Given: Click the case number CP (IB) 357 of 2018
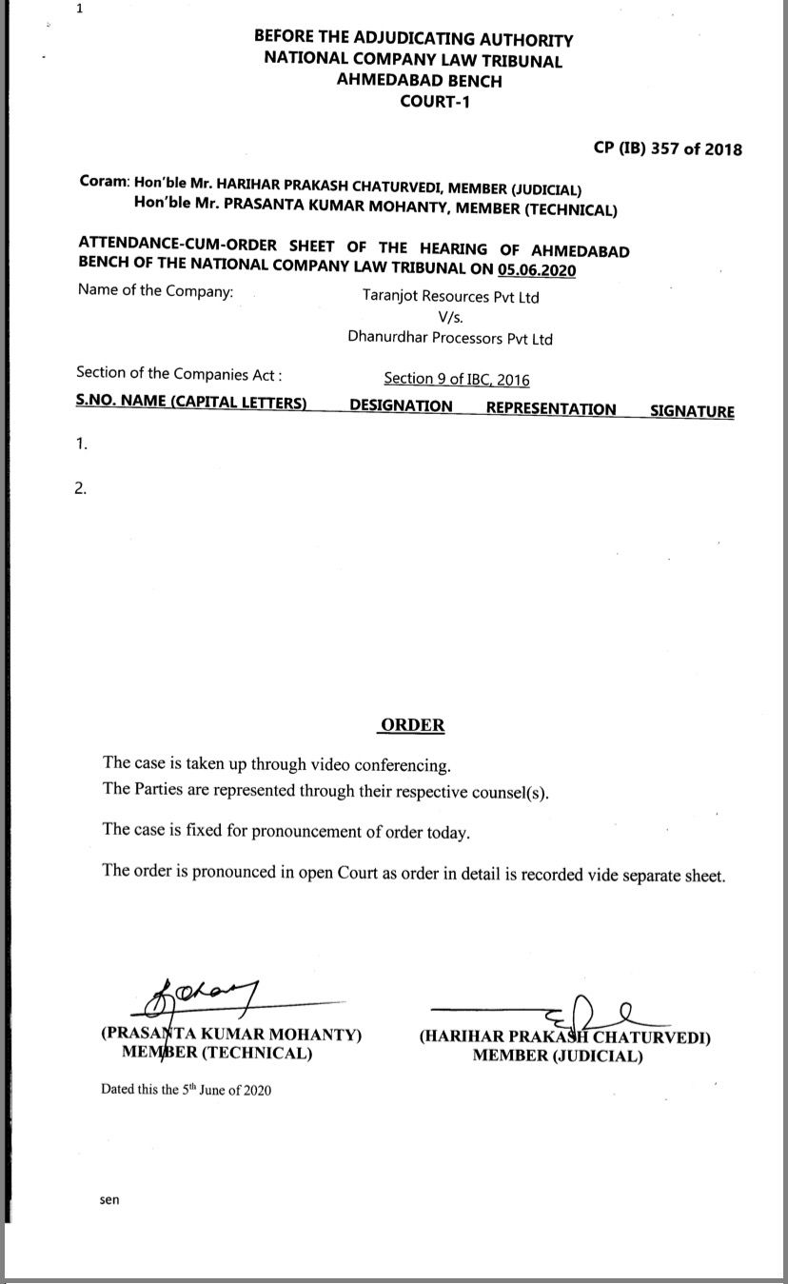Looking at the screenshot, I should [667, 148].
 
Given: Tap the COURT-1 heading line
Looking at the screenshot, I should [434, 102].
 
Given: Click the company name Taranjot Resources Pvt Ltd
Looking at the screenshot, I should [450, 297].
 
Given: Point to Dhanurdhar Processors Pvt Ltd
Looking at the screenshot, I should [450, 338].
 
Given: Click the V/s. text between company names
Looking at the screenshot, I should [450, 318].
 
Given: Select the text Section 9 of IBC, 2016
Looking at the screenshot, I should [457, 379].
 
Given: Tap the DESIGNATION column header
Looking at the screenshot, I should [401, 406].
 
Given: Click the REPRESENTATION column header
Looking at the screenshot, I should [551, 409].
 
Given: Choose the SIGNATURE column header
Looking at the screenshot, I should [692, 411].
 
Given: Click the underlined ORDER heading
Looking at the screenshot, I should [412, 725].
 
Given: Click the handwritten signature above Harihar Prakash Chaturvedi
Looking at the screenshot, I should [590, 1008].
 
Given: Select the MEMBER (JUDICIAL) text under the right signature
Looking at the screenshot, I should [558, 1056].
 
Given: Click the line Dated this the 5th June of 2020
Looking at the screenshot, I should [186, 1090].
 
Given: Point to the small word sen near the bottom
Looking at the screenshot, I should [109, 1200].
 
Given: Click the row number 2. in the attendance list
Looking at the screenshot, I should [81, 489].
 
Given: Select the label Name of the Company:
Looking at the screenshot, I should [155, 291].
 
